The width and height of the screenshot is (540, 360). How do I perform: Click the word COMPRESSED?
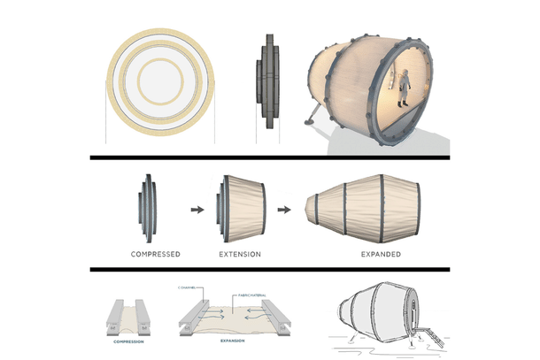click(x=155, y=254)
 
